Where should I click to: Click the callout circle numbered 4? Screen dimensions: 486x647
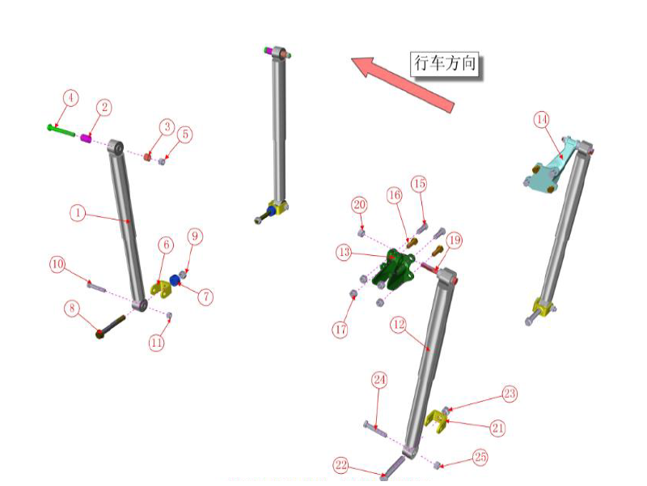71,98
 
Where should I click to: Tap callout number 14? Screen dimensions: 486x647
541,120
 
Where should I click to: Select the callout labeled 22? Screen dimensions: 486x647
340,464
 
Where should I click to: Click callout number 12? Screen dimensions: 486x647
397,324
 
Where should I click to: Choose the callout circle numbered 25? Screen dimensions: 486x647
480,458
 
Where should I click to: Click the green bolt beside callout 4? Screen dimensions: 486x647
61,128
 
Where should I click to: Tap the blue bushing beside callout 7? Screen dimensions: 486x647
174,288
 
